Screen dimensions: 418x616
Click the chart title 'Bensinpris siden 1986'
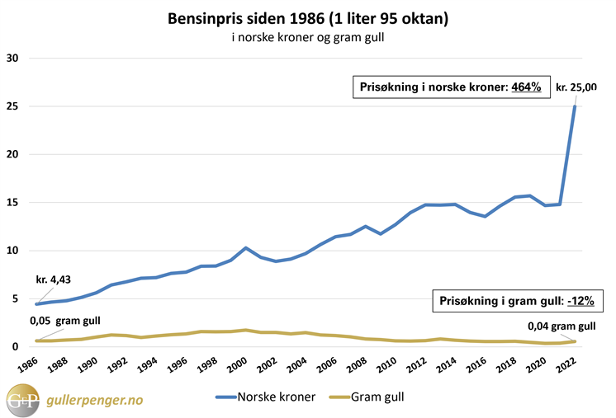[307, 17]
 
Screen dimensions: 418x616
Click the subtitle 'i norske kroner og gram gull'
[307, 37]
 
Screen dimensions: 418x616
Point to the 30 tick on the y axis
[12, 59]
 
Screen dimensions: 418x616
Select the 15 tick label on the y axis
[12, 203]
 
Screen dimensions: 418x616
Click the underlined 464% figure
[525, 87]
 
